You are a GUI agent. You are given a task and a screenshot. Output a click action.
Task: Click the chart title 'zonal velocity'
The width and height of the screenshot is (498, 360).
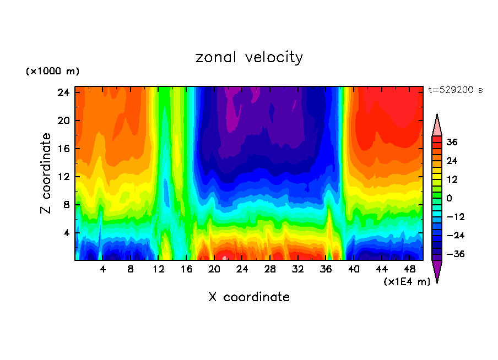(x=249, y=57)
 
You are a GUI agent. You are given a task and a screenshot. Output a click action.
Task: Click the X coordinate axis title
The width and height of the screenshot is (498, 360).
(x=249, y=297)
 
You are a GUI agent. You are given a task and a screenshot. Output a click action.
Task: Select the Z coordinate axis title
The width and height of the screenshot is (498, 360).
(x=46, y=173)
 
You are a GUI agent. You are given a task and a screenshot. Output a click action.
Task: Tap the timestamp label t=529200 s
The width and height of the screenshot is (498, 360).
(x=455, y=90)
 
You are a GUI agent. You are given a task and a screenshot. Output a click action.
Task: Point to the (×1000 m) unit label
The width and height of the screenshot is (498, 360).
(x=52, y=72)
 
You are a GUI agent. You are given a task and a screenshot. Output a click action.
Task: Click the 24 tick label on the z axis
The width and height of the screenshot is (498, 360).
(x=63, y=92)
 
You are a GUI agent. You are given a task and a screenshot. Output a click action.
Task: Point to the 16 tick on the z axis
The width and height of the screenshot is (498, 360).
(x=63, y=149)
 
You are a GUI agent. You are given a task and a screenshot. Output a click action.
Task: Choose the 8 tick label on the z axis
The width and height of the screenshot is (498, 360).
(x=66, y=205)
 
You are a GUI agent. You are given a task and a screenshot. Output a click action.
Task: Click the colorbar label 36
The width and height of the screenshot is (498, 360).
(x=452, y=142)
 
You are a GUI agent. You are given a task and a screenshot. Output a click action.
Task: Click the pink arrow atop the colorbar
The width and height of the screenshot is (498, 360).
(x=437, y=126)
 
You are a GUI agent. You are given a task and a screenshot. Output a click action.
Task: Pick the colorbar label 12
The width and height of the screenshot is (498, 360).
(x=452, y=179)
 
